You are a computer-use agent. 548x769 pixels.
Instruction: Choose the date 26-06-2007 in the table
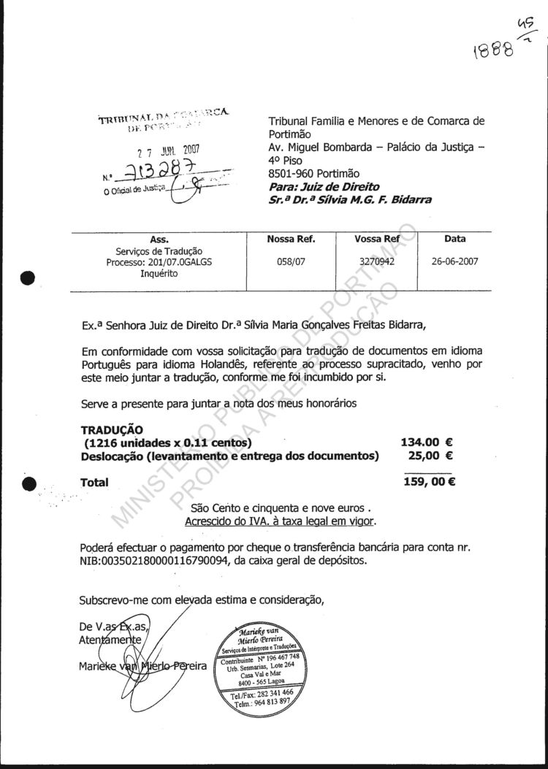[x=454, y=261]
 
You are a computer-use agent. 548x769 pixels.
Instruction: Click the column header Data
[x=454, y=239]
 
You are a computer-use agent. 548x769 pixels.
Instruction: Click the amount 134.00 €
[x=427, y=442]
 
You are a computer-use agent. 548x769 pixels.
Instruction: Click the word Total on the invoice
[x=94, y=482]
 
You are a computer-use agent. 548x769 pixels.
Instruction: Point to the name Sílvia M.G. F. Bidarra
[x=368, y=199]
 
